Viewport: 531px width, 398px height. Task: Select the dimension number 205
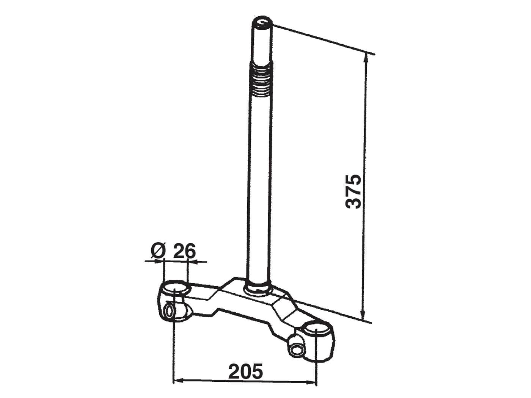click(245, 371)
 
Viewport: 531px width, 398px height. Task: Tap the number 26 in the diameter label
click(184, 251)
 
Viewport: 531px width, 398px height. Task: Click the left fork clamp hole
click(175, 289)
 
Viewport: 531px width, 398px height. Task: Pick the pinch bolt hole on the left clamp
click(169, 312)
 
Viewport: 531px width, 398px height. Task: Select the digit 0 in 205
click(246, 371)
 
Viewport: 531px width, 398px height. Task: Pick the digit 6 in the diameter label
click(190, 251)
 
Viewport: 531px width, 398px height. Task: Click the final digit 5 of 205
click(257, 371)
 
